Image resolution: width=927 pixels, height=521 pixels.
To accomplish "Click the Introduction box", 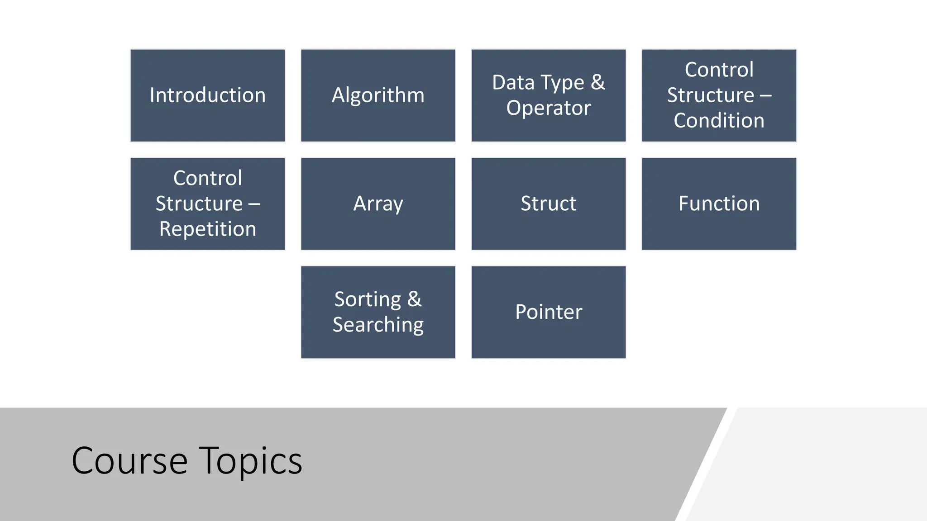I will (x=208, y=95).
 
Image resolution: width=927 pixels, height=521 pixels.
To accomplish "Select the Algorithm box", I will (x=378, y=95).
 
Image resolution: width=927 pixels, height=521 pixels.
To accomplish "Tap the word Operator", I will (x=549, y=108).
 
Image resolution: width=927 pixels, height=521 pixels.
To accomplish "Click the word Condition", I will (x=719, y=121).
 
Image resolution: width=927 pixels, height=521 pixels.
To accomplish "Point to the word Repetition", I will (x=208, y=229).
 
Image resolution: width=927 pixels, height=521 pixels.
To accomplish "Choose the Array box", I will (x=378, y=204).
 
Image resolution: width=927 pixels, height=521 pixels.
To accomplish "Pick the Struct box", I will (x=549, y=204).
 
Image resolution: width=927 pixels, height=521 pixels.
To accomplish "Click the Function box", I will (x=719, y=204).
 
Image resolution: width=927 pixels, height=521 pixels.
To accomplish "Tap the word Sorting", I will (x=368, y=300).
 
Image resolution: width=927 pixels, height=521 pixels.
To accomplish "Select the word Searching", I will (x=378, y=325).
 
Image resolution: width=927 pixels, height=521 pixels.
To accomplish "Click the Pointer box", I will (x=549, y=313).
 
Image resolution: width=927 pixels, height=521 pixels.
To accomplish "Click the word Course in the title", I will (x=129, y=461).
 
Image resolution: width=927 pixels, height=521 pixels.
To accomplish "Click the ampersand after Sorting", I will (x=414, y=299).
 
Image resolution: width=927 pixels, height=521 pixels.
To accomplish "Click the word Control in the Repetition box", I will (x=208, y=178).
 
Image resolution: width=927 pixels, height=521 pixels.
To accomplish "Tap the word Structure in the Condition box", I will (x=710, y=95).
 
